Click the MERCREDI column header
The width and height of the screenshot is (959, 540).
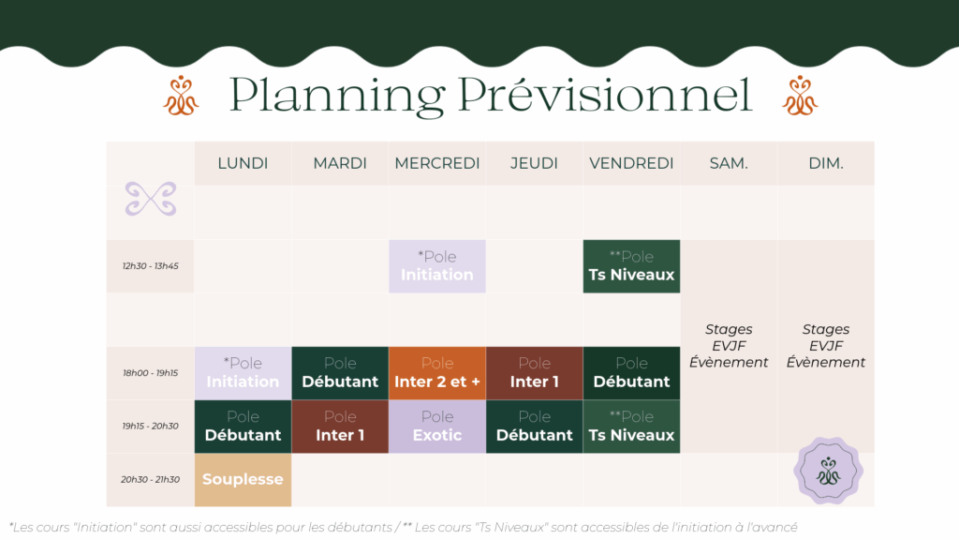436,163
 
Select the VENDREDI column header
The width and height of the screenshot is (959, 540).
631,163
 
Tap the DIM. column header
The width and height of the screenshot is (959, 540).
826,163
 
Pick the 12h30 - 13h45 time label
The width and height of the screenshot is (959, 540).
151,266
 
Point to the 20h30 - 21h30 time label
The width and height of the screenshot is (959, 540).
151,479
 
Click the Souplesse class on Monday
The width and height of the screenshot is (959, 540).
243,479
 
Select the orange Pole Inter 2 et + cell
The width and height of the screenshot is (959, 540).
437,373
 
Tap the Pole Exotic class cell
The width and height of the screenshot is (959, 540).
437,427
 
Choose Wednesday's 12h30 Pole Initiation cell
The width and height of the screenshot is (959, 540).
437,266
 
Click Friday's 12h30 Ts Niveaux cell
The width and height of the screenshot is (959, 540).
632,266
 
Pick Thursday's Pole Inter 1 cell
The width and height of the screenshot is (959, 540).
535,373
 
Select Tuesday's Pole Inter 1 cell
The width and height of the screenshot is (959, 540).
340,427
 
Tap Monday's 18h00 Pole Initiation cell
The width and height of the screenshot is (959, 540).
243,373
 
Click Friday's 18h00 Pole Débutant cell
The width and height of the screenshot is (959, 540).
632,373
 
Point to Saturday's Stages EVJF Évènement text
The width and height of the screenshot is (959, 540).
729,346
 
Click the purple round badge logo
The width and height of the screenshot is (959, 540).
828,471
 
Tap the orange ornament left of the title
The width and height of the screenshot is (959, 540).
181,96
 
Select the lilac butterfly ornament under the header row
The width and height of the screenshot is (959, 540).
151,199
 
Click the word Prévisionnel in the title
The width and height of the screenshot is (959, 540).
605,95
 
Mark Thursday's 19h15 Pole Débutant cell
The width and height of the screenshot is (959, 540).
535,427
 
